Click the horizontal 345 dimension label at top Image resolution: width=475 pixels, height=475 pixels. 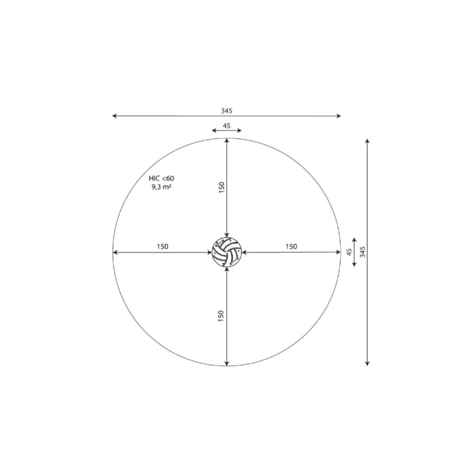tap(226, 111)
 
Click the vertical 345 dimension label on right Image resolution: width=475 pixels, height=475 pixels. tap(363, 252)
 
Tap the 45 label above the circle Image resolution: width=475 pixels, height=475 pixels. tap(226, 126)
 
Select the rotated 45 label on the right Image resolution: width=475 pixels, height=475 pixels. tap(349, 252)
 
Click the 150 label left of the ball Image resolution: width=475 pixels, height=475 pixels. tap(163, 246)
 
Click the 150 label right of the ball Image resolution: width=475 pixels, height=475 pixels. tap(291, 246)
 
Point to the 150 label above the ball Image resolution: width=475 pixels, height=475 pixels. tap(222, 187)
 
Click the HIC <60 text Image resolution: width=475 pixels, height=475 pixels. tap(161, 178)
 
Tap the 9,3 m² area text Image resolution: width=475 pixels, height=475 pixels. tap(161, 187)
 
